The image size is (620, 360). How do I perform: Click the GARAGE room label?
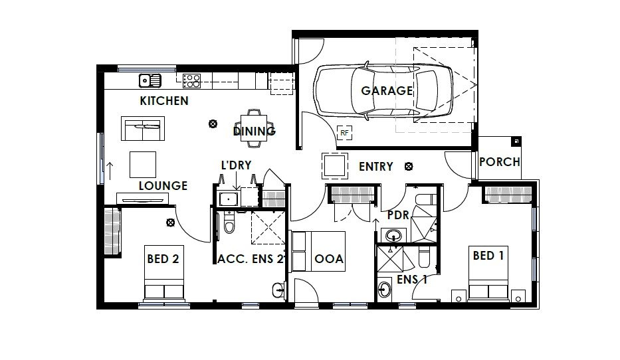[x=387, y=91]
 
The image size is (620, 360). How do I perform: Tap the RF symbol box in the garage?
[x=344, y=133]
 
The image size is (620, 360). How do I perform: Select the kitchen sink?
[x=150, y=80]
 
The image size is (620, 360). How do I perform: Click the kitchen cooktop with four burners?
[x=191, y=81]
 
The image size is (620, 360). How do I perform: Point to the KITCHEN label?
[x=164, y=101]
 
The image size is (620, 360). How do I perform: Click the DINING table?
[x=253, y=128]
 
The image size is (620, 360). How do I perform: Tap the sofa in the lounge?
[x=143, y=128]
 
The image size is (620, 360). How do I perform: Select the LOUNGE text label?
[x=163, y=186]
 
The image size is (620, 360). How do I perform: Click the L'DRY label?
[x=236, y=165]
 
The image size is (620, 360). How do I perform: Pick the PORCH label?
[x=500, y=161]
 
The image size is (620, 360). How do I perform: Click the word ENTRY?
[x=375, y=167]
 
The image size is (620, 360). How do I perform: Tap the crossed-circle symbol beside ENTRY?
[x=409, y=166]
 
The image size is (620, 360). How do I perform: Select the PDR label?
[x=398, y=215]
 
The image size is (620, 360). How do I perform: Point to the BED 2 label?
[x=163, y=259]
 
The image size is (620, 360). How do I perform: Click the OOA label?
[x=328, y=259]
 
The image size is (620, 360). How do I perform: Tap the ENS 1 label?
[x=411, y=280]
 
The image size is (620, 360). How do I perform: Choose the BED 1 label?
[x=488, y=256]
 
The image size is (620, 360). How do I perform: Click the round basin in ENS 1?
[x=384, y=290]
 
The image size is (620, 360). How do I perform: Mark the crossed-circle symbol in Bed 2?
[x=170, y=223]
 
